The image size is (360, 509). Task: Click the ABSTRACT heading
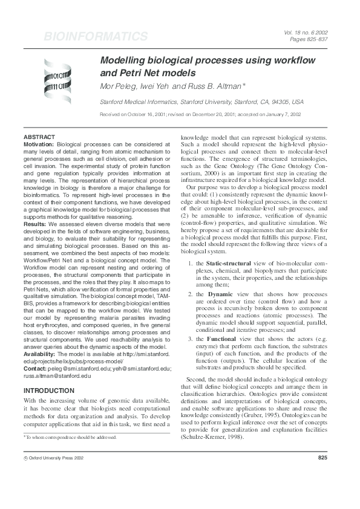(x=38, y=137)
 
